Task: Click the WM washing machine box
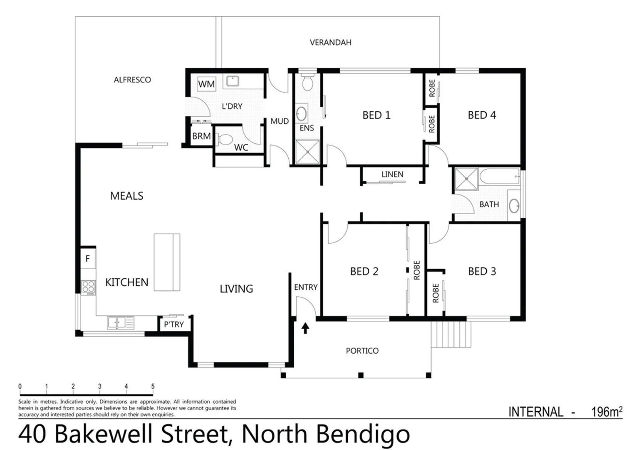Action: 206,84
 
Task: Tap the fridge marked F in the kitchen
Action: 88,259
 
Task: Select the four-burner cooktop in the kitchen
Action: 88,287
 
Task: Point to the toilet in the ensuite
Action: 307,83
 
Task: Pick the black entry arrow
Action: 305,328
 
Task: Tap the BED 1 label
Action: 376,115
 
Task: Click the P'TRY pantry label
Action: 174,324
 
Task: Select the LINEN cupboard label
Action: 392,174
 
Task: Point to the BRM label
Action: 201,136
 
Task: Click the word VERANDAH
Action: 330,42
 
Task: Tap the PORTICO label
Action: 362,351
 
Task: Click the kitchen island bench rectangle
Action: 167,262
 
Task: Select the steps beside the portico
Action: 451,334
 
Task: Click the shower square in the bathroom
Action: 466,179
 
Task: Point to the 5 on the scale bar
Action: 153,387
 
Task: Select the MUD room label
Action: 280,121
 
